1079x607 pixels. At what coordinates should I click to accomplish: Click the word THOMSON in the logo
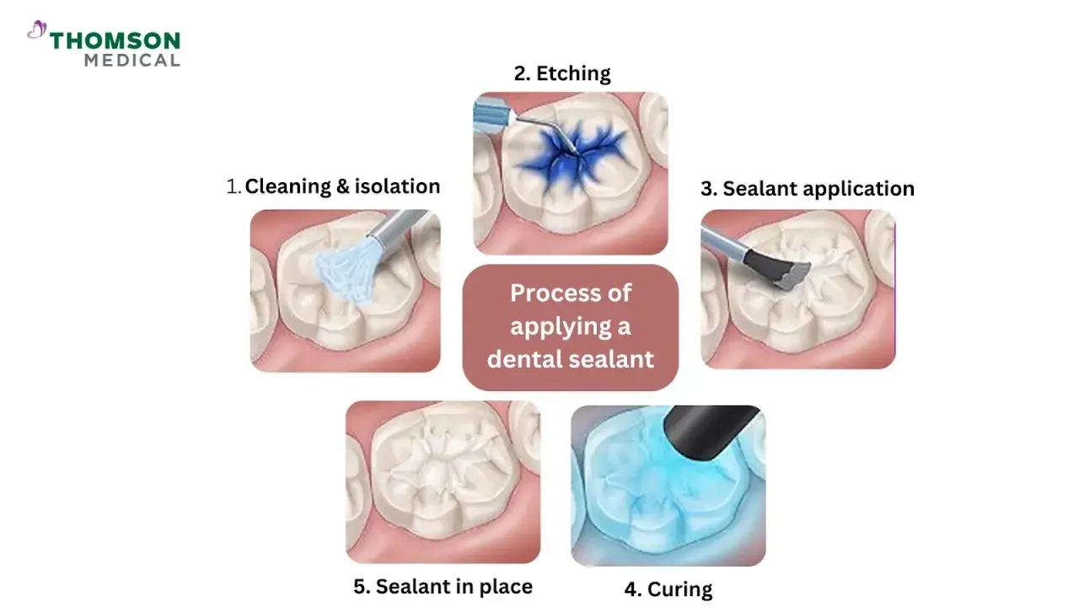tap(115, 41)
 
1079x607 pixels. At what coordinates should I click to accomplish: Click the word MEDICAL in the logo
tap(132, 60)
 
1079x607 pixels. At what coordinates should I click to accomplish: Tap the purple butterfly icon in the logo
tap(37, 30)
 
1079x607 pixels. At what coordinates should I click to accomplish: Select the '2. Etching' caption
tap(562, 73)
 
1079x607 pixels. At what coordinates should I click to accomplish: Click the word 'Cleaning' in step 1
tap(287, 187)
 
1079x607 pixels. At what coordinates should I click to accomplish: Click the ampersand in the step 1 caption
tap(342, 186)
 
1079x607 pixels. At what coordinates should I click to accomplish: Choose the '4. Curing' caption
tap(668, 589)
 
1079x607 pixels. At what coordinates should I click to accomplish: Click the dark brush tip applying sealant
tap(776, 269)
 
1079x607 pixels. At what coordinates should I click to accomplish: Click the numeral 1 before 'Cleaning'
tap(233, 187)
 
